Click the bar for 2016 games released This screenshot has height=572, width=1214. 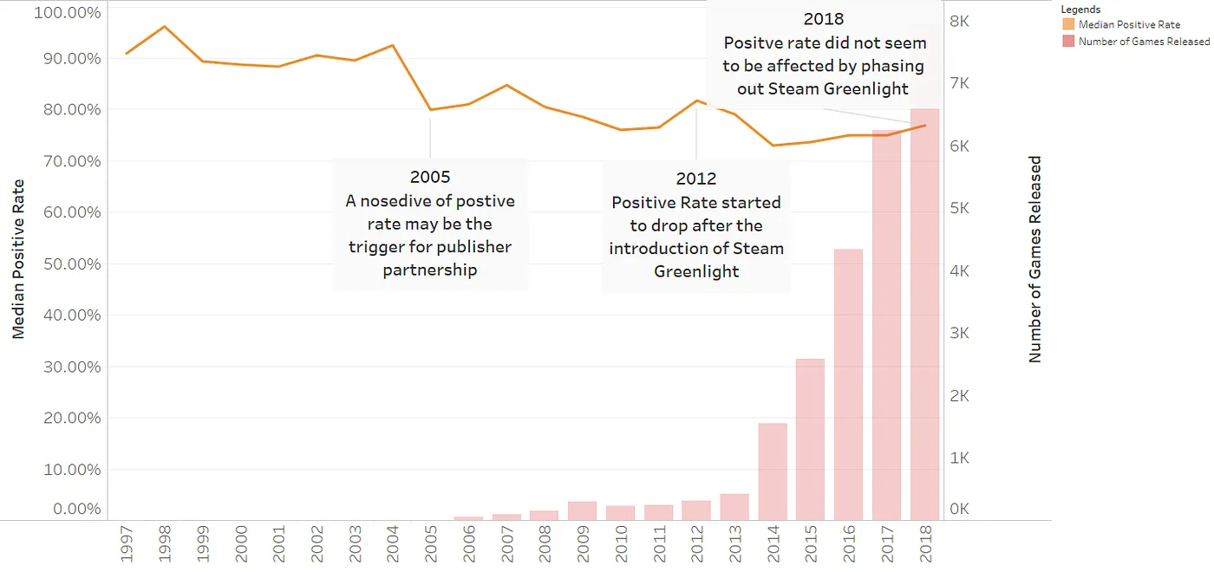(848, 385)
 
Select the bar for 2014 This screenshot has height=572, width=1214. (772, 471)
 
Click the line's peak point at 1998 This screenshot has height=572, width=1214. (165, 27)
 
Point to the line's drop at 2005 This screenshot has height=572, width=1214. (430, 110)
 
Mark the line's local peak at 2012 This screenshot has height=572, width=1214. (696, 101)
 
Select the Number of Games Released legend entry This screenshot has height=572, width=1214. (1143, 42)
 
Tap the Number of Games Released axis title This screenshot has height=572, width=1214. (1035, 259)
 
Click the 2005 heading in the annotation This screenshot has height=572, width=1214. (430, 177)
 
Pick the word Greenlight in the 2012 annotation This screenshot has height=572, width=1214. (696, 271)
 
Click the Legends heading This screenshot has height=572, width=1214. (1080, 10)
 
